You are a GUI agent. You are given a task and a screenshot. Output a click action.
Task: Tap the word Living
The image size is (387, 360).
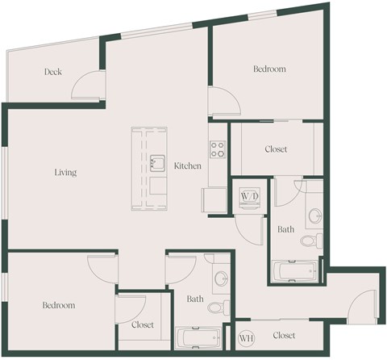[x=65, y=172]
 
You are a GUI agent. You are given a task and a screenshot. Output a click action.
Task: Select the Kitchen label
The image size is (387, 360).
[x=187, y=165]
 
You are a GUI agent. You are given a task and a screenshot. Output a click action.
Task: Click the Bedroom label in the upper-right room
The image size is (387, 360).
[x=269, y=69]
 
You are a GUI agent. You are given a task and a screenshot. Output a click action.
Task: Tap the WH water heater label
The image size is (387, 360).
[x=245, y=336]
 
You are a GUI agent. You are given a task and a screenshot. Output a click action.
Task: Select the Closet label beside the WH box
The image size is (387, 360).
[x=284, y=335]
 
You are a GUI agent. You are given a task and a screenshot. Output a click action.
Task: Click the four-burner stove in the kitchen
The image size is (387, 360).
[x=218, y=149]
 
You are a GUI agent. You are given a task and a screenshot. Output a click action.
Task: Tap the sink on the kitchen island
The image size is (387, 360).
[x=157, y=163]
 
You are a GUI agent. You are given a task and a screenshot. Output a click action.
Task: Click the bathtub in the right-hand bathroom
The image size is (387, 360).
[x=294, y=271]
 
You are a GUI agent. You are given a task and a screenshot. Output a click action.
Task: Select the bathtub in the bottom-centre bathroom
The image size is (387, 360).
[x=198, y=338]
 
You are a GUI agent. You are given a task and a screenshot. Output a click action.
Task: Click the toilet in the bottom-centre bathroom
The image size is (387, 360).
[x=215, y=307]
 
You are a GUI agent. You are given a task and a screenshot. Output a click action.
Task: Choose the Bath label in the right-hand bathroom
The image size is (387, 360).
[x=286, y=229]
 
